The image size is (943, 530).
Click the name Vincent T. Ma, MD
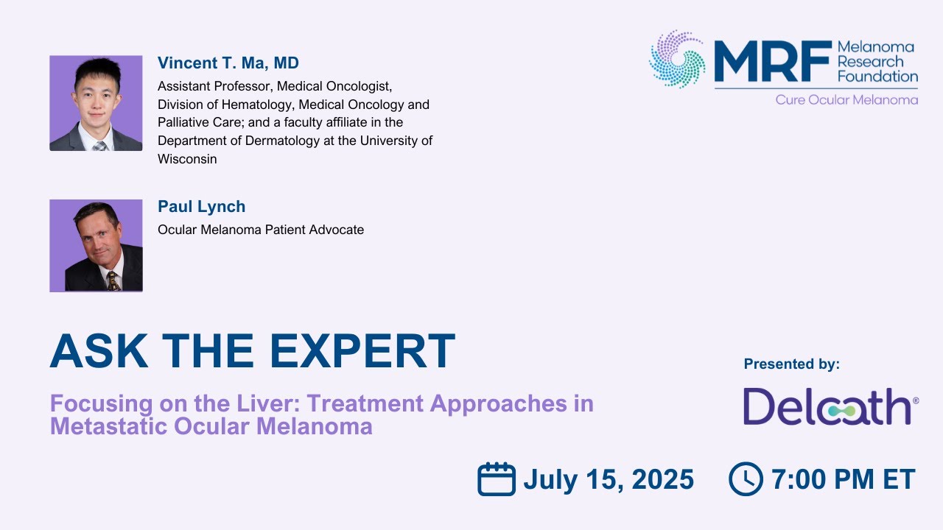228,63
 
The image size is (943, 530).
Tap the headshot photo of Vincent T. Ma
96,103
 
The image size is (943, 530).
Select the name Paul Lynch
201,207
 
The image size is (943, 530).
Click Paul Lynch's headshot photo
96,245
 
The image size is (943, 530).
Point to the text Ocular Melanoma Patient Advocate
261,230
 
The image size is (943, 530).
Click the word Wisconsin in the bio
187,159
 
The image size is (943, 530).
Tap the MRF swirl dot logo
676,60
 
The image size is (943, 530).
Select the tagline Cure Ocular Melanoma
846,99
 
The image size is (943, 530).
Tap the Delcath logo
829,407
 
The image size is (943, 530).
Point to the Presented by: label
791,364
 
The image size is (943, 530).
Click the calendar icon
496,479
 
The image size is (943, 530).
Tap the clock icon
746,479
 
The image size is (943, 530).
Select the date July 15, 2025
609,480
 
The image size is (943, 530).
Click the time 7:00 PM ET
843,480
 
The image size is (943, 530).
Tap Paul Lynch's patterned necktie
113,280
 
